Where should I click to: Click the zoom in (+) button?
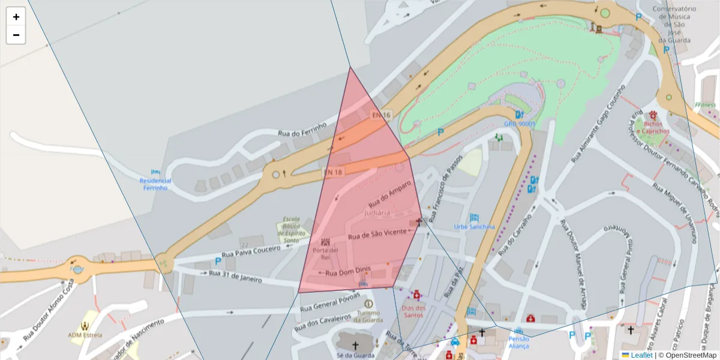tap(16, 17)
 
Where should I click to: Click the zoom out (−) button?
tap(16, 35)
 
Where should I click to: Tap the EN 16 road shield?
tap(381, 115)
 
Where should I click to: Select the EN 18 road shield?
tap(333, 172)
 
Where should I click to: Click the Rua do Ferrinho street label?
tap(302, 129)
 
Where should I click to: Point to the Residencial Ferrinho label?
tap(155, 184)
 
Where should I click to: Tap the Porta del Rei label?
tap(325, 253)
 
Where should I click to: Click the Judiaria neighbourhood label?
tap(377, 213)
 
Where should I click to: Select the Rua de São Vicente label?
tap(377, 234)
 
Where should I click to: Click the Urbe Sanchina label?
tap(475, 227)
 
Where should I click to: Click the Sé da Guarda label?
tap(355, 355)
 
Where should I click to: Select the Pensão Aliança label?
tap(519, 342)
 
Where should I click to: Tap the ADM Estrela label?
tap(85, 335)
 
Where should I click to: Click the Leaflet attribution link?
tap(641, 355)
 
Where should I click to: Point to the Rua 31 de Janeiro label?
tap(236, 276)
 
